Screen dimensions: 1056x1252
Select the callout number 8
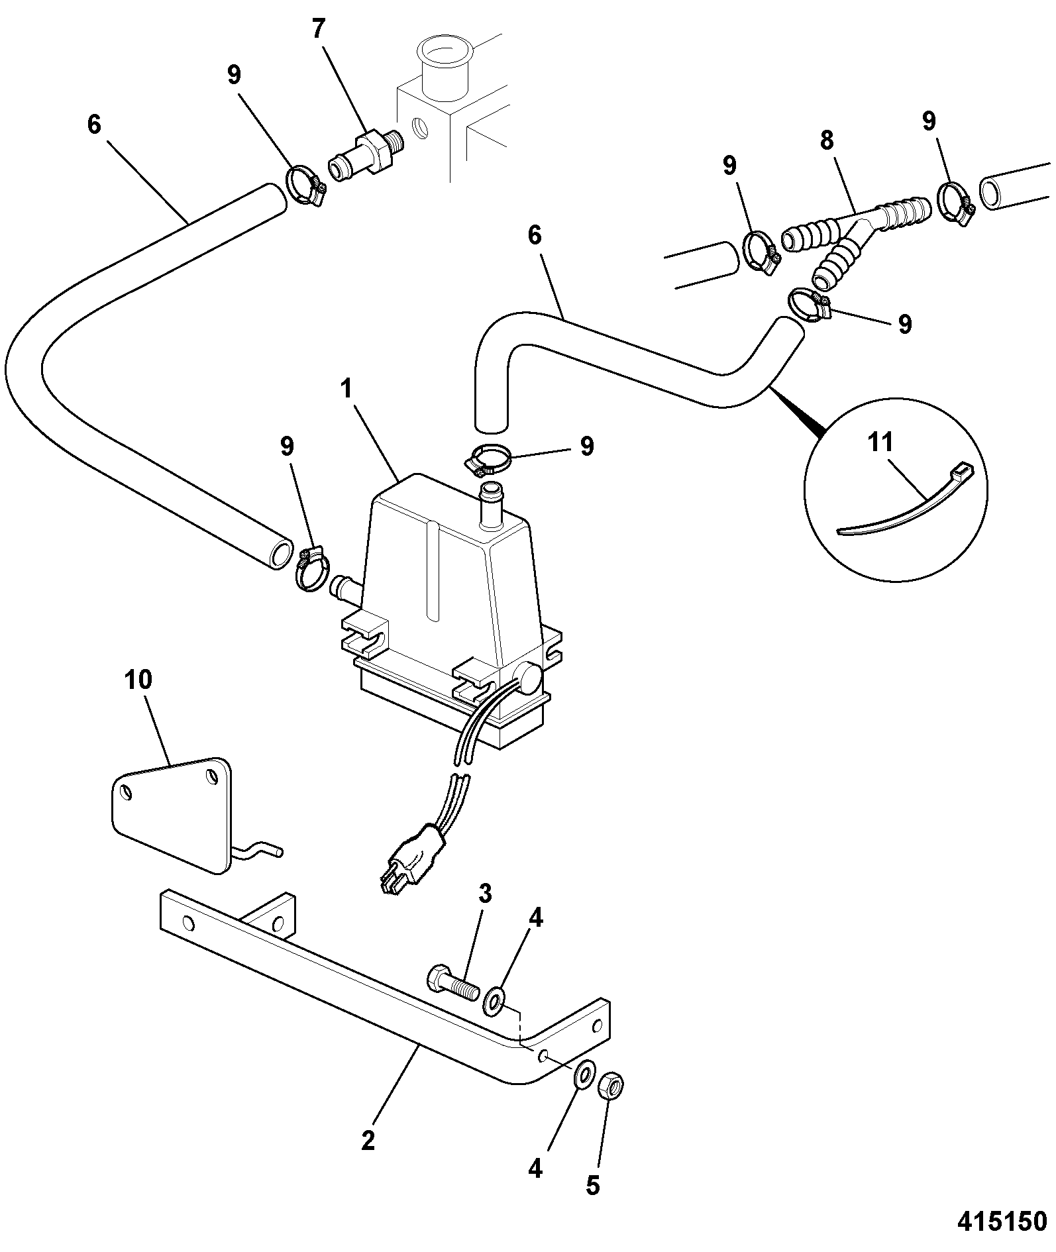click(x=826, y=141)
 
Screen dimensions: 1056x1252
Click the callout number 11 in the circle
click(x=880, y=443)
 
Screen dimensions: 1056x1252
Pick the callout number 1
click(x=345, y=390)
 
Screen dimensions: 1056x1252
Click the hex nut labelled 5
click(x=613, y=1086)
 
